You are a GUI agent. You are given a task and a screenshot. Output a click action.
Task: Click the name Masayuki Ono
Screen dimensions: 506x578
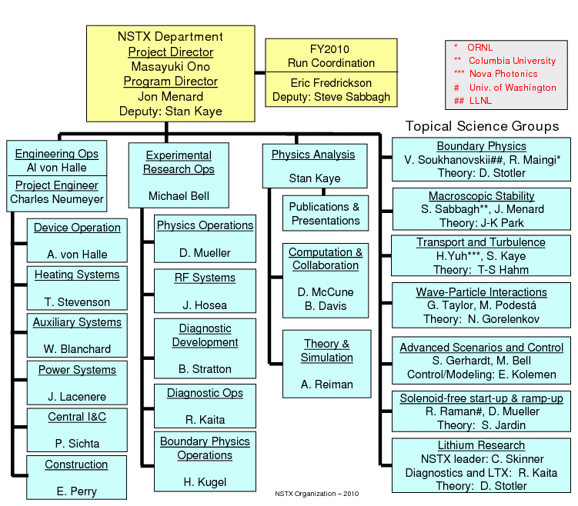point(171,67)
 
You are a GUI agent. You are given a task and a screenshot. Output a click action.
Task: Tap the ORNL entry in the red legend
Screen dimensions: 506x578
point(479,48)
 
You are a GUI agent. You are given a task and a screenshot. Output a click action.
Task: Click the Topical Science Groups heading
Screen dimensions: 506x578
point(482,126)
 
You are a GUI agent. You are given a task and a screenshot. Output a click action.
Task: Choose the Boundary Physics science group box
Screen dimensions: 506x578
point(481,159)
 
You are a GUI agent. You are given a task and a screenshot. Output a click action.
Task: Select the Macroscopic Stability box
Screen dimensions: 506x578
point(481,209)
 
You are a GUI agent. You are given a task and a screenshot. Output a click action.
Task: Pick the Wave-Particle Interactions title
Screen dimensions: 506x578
point(481,292)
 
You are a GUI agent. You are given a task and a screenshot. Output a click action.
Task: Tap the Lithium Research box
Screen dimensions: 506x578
point(481,465)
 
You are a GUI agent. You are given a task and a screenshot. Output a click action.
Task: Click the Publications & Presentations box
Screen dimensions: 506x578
point(325,214)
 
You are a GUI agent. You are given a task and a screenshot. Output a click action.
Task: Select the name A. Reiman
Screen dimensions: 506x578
point(328,384)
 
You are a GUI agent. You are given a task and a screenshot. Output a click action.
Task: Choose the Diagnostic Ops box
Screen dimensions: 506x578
point(205,406)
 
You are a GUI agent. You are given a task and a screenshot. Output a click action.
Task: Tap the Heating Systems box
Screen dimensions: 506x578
point(77,288)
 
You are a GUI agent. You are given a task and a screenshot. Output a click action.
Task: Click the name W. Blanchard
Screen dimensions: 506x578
point(77,349)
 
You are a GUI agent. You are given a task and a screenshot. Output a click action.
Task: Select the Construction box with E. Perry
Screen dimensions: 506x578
point(76,478)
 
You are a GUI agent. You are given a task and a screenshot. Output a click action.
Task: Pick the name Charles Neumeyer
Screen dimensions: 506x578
point(57,199)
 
